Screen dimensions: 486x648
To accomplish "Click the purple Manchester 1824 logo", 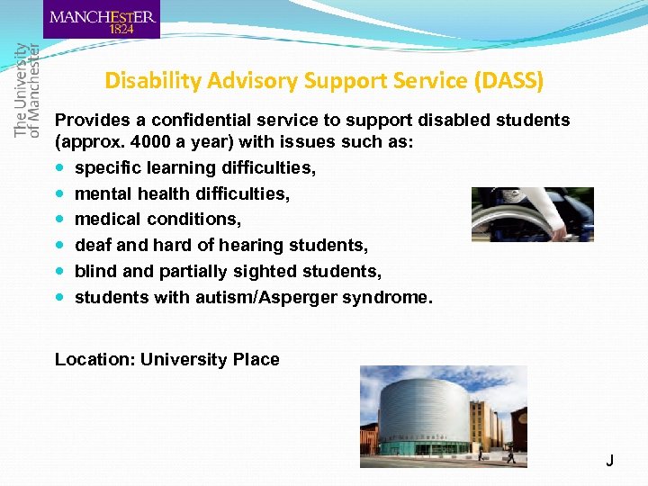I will (101, 20).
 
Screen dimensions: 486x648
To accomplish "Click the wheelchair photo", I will (532, 214).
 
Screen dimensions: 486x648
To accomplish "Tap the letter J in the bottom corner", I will (609, 461).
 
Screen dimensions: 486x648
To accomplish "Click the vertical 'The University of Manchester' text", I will (27, 90).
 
